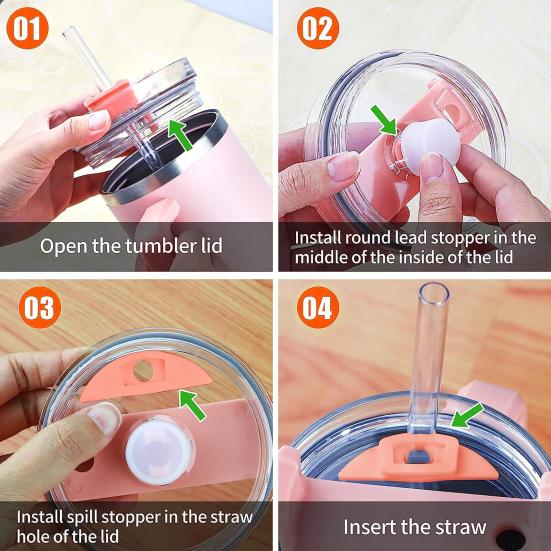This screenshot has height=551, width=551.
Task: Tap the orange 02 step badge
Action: coord(316,28)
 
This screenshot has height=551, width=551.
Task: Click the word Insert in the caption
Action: coord(370,526)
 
